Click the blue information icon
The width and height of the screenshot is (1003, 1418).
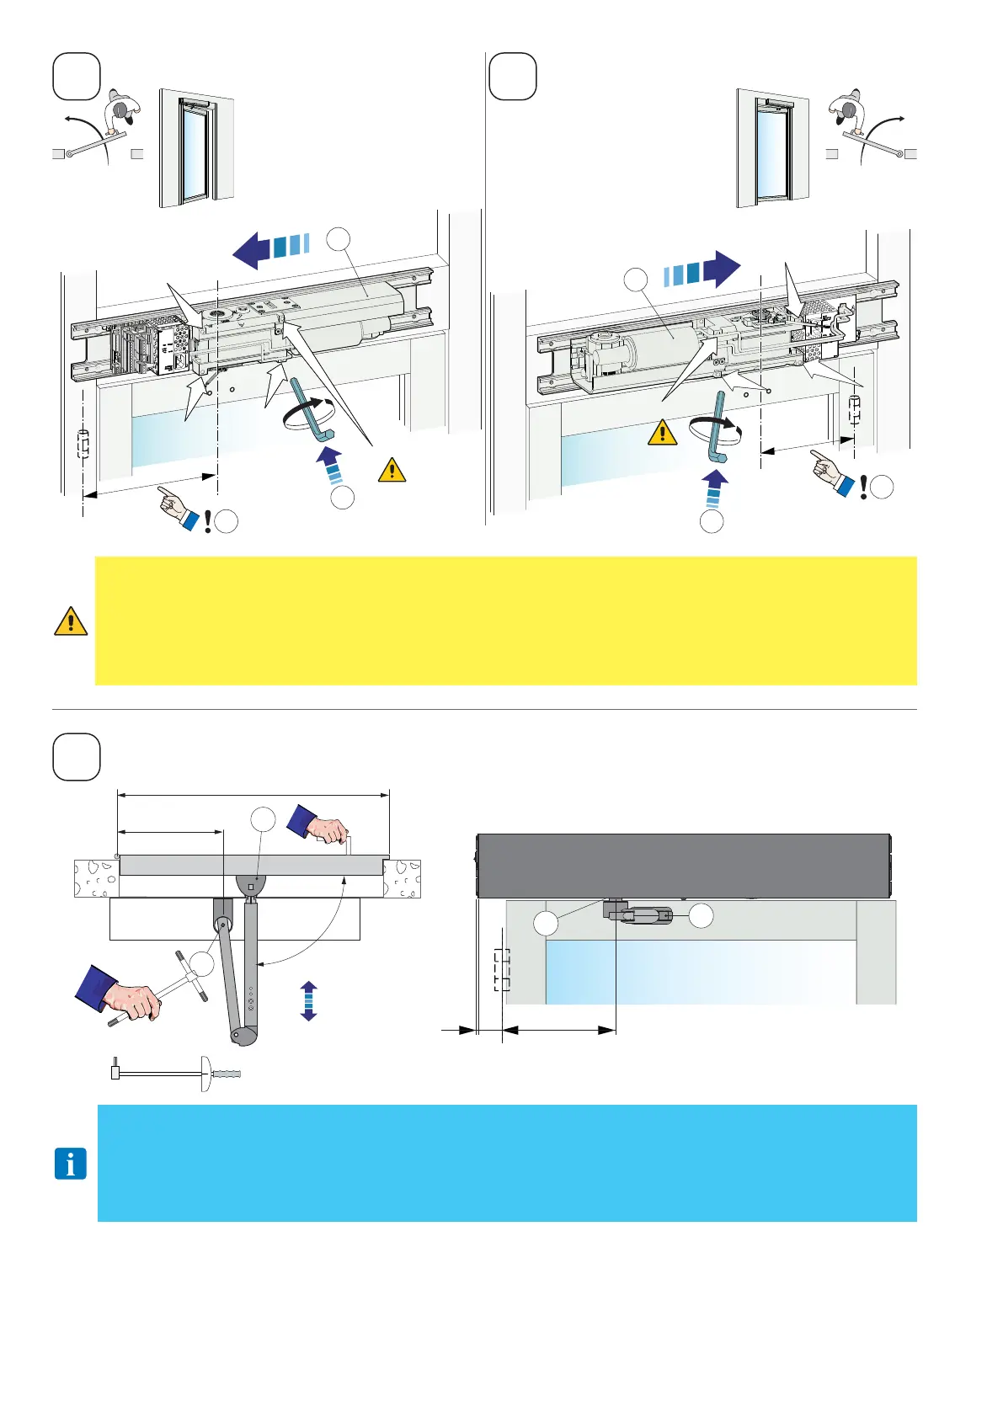click(x=71, y=1165)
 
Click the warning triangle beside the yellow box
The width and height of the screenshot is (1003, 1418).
click(x=71, y=621)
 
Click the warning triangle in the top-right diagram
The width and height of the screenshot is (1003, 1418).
click(x=663, y=433)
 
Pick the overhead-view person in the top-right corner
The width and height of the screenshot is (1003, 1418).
click(x=849, y=109)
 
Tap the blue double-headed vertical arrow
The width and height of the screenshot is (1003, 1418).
click(x=309, y=1001)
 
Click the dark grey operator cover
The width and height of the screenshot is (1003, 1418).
click(x=683, y=866)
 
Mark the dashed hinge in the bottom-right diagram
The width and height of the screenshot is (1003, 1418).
click(x=502, y=970)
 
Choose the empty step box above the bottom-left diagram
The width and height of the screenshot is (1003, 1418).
click(x=77, y=757)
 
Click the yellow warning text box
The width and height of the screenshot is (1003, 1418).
click(x=505, y=621)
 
